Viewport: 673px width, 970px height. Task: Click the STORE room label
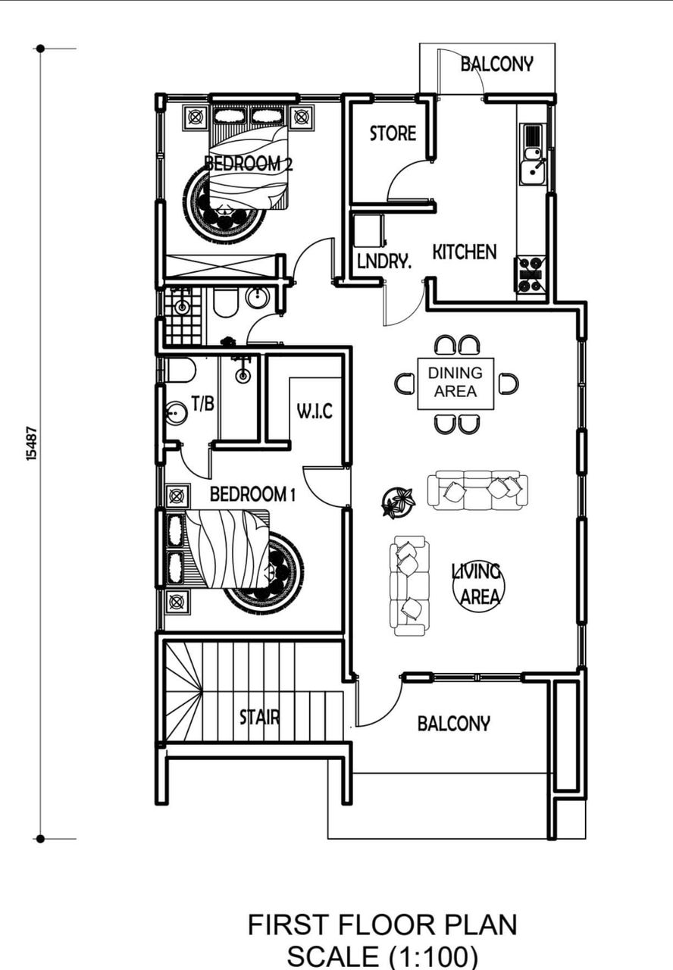click(393, 133)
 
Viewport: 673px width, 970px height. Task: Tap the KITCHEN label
click(465, 252)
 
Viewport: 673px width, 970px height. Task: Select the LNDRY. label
click(384, 261)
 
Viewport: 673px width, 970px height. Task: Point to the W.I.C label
click(315, 411)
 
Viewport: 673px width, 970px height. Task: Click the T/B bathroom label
click(203, 404)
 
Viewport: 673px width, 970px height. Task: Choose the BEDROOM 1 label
click(252, 494)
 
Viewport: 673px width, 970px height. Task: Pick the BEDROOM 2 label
click(248, 164)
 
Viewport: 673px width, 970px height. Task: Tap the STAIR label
click(259, 717)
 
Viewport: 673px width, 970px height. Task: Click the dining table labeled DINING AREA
click(455, 383)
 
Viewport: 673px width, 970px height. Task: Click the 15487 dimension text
click(32, 444)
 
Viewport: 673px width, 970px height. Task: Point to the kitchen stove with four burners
click(531, 274)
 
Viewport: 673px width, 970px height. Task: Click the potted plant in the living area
click(398, 502)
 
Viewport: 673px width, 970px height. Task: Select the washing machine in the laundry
click(368, 229)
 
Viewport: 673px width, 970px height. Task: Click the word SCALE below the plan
click(332, 957)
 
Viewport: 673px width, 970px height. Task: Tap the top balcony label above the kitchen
click(496, 64)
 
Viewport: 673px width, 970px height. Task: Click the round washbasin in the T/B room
click(176, 413)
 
